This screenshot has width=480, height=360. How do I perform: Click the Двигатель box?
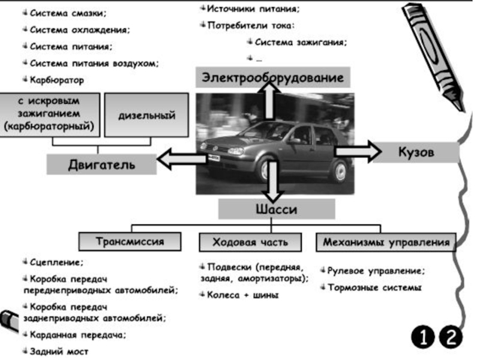[101, 164]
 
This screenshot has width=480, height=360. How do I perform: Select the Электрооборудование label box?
[273, 77]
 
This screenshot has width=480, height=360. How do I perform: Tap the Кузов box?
[416, 152]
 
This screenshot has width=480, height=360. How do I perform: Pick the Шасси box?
[277, 209]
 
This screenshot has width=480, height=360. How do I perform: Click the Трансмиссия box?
[130, 242]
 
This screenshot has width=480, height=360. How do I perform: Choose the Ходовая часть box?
[250, 242]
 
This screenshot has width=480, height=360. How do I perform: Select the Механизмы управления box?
[386, 242]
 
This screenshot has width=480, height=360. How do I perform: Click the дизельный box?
[146, 115]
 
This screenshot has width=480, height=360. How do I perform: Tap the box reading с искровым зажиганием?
[50, 115]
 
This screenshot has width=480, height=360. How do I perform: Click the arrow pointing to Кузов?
[358, 152]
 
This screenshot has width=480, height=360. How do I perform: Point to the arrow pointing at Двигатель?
[182, 159]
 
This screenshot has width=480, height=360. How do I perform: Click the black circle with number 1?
[423, 337]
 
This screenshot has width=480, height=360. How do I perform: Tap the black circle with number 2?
[451, 337]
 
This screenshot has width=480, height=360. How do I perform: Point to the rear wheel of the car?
[340, 172]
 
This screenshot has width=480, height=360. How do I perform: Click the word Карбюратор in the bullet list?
[57, 80]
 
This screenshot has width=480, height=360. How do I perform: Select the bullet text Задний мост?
[59, 352]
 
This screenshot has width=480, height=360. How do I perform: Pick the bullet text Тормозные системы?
[374, 287]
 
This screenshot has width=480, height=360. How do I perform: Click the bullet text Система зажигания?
[301, 42]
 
